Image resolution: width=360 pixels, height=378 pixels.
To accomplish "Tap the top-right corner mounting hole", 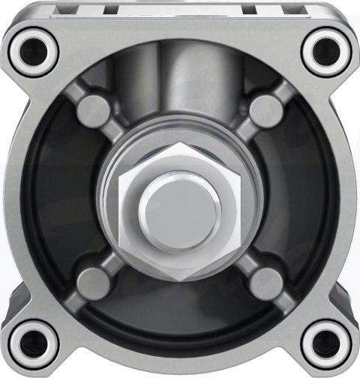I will [x=327, y=49].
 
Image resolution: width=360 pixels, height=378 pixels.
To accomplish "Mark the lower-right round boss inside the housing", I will [x=266, y=280].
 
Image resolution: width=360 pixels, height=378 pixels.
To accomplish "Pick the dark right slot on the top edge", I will [x=264, y=9].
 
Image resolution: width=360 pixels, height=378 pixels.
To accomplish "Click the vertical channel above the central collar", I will [x=180, y=82].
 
